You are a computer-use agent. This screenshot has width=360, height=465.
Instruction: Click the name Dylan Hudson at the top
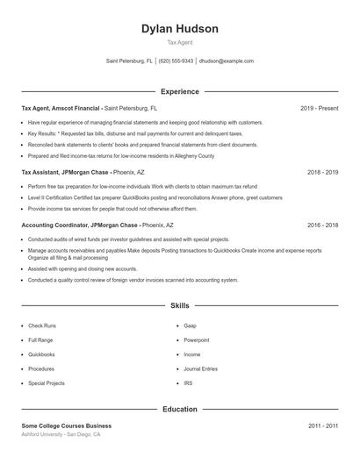click(180, 29)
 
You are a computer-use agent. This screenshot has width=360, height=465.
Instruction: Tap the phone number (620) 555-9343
click(176, 61)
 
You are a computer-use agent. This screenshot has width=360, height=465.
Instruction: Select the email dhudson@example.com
click(227, 61)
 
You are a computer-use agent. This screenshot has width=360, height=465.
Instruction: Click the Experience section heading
click(180, 91)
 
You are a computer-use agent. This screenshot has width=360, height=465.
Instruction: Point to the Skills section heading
click(180, 305)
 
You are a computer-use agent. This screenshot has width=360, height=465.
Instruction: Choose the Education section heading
click(180, 409)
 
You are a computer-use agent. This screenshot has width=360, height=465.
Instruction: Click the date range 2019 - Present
click(319, 109)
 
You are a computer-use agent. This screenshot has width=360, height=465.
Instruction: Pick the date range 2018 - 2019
click(322, 173)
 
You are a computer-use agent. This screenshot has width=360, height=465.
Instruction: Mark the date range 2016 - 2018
click(322, 225)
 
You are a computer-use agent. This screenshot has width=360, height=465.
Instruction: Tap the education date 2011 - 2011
click(322, 426)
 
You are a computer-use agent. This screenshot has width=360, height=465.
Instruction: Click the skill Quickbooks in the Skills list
click(41, 354)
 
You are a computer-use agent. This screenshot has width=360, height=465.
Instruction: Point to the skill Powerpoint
click(197, 340)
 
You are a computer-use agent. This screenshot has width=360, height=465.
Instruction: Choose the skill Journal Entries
click(201, 368)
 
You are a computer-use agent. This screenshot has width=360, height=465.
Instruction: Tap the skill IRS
click(188, 383)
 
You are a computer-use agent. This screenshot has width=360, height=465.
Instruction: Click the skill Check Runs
click(42, 325)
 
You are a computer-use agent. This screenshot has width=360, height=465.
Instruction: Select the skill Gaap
click(190, 325)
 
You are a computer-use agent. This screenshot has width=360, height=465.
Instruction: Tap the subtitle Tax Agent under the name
click(180, 42)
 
